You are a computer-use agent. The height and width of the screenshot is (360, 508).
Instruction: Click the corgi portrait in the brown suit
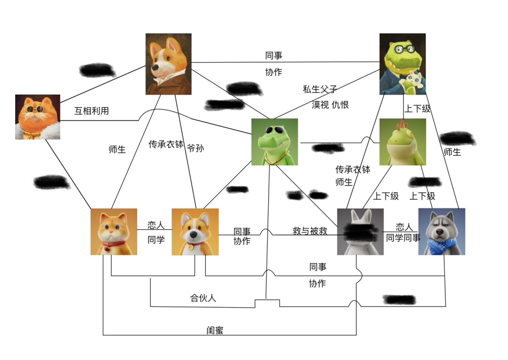(x=168, y=64)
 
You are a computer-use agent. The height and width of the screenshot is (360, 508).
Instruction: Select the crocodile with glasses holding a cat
(x=402, y=64)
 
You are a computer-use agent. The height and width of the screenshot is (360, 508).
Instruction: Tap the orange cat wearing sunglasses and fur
(x=38, y=117)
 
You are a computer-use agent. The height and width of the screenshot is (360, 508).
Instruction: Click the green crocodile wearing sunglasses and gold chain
(x=274, y=142)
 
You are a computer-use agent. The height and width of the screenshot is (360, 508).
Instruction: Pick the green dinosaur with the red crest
(x=402, y=142)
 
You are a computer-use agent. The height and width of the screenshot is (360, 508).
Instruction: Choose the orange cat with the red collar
(x=114, y=231)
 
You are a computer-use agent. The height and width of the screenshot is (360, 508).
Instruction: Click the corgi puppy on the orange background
(x=195, y=231)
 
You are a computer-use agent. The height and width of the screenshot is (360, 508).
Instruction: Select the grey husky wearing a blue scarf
(x=441, y=231)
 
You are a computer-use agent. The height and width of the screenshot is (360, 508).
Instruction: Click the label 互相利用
(x=91, y=111)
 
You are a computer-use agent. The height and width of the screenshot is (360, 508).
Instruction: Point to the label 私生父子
(x=320, y=89)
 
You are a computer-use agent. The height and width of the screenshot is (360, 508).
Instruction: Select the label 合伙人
(x=203, y=298)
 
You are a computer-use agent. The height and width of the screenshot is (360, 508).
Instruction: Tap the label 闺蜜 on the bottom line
(x=215, y=331)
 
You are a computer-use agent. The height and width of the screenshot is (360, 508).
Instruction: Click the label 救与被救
(x=310, y=231)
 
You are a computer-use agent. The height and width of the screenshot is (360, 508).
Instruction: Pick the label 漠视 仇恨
(x=330, y=105)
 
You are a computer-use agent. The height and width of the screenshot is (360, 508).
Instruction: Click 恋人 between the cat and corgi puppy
(x=156, y=225)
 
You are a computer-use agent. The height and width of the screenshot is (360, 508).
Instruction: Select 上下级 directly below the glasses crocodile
(x=418, y=109)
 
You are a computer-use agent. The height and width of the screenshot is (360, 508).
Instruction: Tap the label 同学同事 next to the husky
(x=403, y=237)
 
